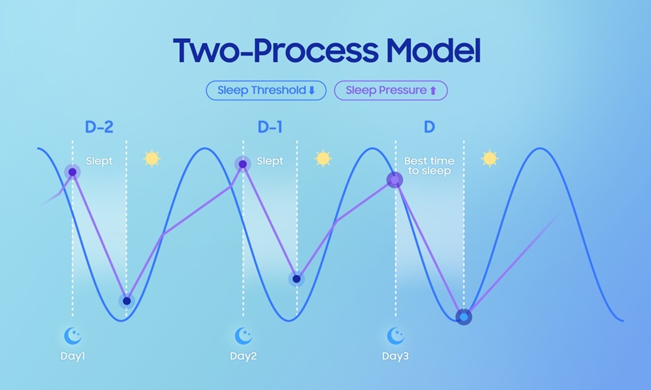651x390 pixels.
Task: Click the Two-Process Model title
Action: tap(326, 50)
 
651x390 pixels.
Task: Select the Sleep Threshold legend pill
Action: tap(266, 90)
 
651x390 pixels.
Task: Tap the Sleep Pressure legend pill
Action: tap(391, 90)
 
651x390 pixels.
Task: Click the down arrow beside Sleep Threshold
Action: tap(312, 91)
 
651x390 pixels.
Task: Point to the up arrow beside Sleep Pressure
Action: tap(433, 91)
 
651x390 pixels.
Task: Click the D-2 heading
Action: tap(99, 127)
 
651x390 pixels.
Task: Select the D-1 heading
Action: tap(270, 127)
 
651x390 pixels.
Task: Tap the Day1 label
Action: tap(73, 356)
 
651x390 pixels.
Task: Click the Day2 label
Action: tap(243, 356)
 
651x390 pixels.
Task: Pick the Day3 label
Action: tap(395, 356)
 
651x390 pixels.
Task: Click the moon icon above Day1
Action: tap(73, 336)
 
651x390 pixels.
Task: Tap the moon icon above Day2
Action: tap(243, 336)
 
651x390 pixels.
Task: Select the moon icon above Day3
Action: tap(395, 336)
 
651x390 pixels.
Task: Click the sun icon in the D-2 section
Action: tap(152, 159)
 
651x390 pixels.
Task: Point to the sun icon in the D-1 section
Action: tap(323, 159)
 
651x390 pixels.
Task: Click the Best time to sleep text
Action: tap(429, 166)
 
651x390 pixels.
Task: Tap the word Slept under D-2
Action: tap(99, 161)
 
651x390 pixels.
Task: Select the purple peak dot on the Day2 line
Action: tap(243, 164)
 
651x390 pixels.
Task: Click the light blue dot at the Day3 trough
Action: tap(464, 317)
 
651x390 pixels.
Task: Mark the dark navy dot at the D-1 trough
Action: tap(297, 279)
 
